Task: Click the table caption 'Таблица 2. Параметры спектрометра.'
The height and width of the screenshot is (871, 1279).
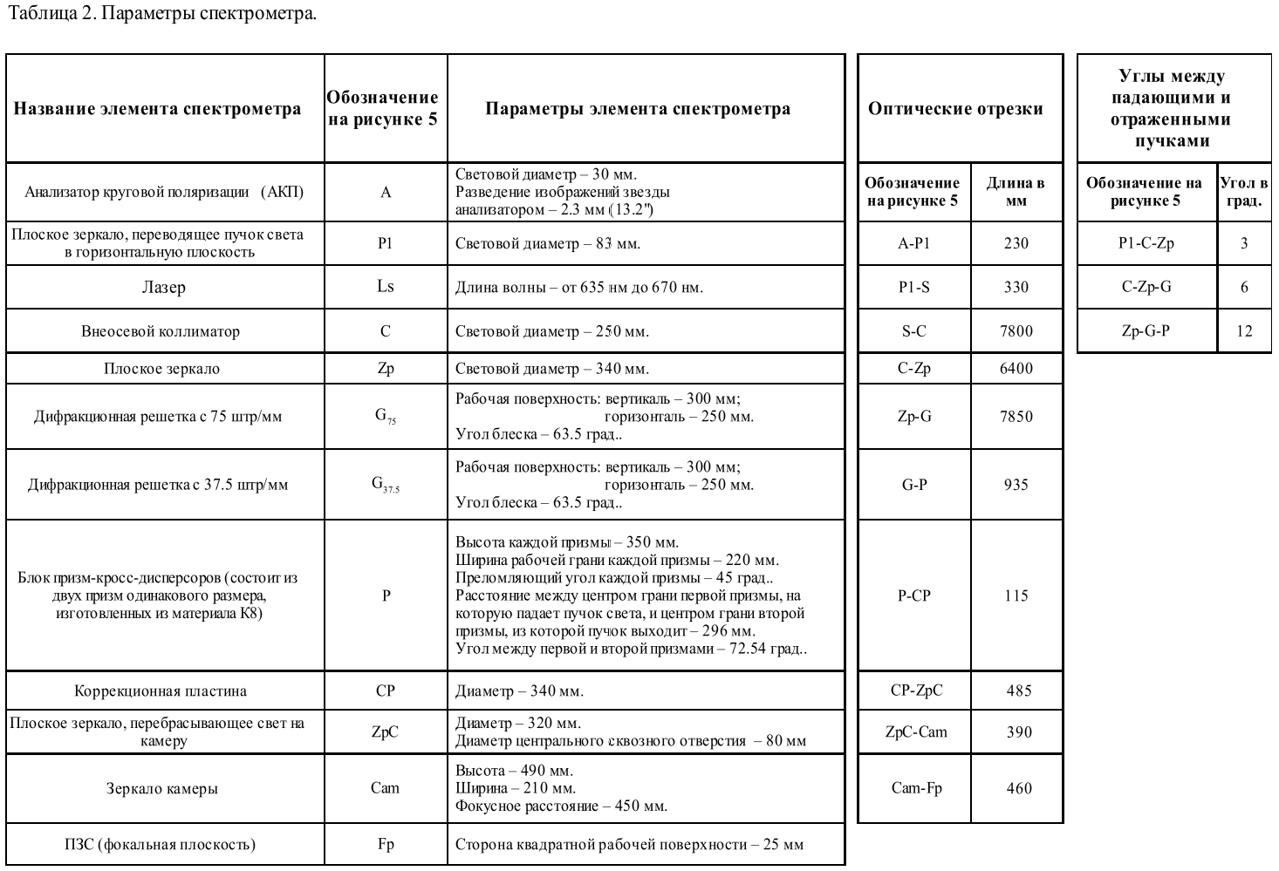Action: (x=162, y=14)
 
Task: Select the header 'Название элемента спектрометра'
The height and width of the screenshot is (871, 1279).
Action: (x=157, y=109)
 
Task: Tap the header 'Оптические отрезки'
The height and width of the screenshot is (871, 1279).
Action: (x=955, y=109)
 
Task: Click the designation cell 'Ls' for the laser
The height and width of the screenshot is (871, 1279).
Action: (x=385, y=286)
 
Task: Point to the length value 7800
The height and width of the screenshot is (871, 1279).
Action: (x=1016, y=330)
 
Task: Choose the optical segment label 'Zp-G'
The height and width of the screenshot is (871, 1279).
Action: (x=913, y=416)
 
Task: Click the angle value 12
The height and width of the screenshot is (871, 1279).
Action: (x=1244, y=330)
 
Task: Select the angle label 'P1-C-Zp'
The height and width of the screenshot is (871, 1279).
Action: (x=1146, y=243)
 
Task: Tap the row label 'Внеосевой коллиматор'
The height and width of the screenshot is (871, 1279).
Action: (x=161, y=331)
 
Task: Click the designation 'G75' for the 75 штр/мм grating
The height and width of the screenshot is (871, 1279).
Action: (x=385, y=416)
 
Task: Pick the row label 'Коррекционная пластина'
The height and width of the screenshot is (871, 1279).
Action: (x=161, y=691)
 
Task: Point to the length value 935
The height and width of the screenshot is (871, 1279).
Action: (x=1016, y=484)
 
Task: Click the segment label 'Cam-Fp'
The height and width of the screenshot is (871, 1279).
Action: (x=916, y=787)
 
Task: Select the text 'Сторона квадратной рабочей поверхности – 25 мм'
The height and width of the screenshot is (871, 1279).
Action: (x=629, y=844)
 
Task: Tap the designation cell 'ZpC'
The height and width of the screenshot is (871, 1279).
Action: (x=385, y=732)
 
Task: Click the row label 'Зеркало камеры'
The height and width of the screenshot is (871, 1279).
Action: (x=162, y=788)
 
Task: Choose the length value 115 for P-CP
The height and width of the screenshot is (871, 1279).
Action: (x=1016, y=595)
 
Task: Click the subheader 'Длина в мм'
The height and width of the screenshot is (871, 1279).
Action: (x=1016, y=192)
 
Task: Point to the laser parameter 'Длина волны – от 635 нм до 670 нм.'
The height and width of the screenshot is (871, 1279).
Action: (x=578, y=287)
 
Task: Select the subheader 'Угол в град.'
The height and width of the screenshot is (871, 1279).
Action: (x=1244, y=192)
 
